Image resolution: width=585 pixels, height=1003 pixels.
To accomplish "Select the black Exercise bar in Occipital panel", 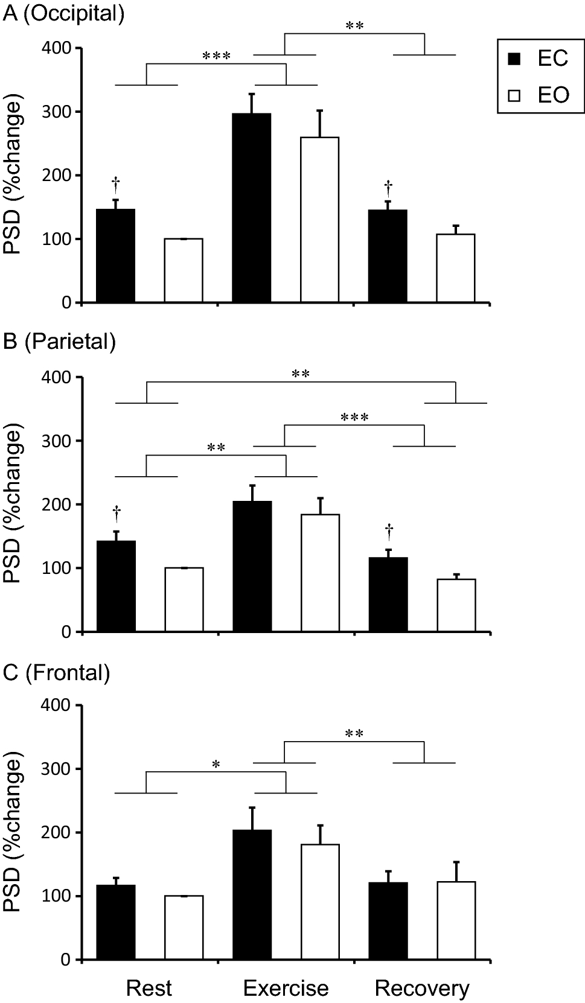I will [251, 208].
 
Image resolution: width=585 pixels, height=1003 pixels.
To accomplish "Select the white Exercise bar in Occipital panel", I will [319, 220].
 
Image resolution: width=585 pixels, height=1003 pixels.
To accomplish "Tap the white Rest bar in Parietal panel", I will [184, 599].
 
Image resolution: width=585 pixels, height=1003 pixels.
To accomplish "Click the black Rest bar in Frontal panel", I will [115, 922].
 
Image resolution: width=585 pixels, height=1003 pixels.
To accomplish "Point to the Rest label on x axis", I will [149, 988].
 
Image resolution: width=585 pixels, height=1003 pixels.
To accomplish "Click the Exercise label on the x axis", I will [286, 988].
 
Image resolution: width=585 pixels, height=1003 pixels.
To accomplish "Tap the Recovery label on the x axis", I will [421, 988].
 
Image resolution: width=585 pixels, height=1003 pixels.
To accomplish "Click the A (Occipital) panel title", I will [63, 13].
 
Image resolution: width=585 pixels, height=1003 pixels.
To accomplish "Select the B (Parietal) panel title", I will [59, 342].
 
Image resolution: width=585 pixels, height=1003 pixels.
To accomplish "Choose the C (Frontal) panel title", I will [56, 672].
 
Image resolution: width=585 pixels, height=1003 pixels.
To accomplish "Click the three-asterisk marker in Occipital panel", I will [216, 57].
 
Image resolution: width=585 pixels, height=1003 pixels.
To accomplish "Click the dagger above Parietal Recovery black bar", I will [389, 532].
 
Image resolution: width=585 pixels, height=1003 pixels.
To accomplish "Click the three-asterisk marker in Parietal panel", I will [354, 418].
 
